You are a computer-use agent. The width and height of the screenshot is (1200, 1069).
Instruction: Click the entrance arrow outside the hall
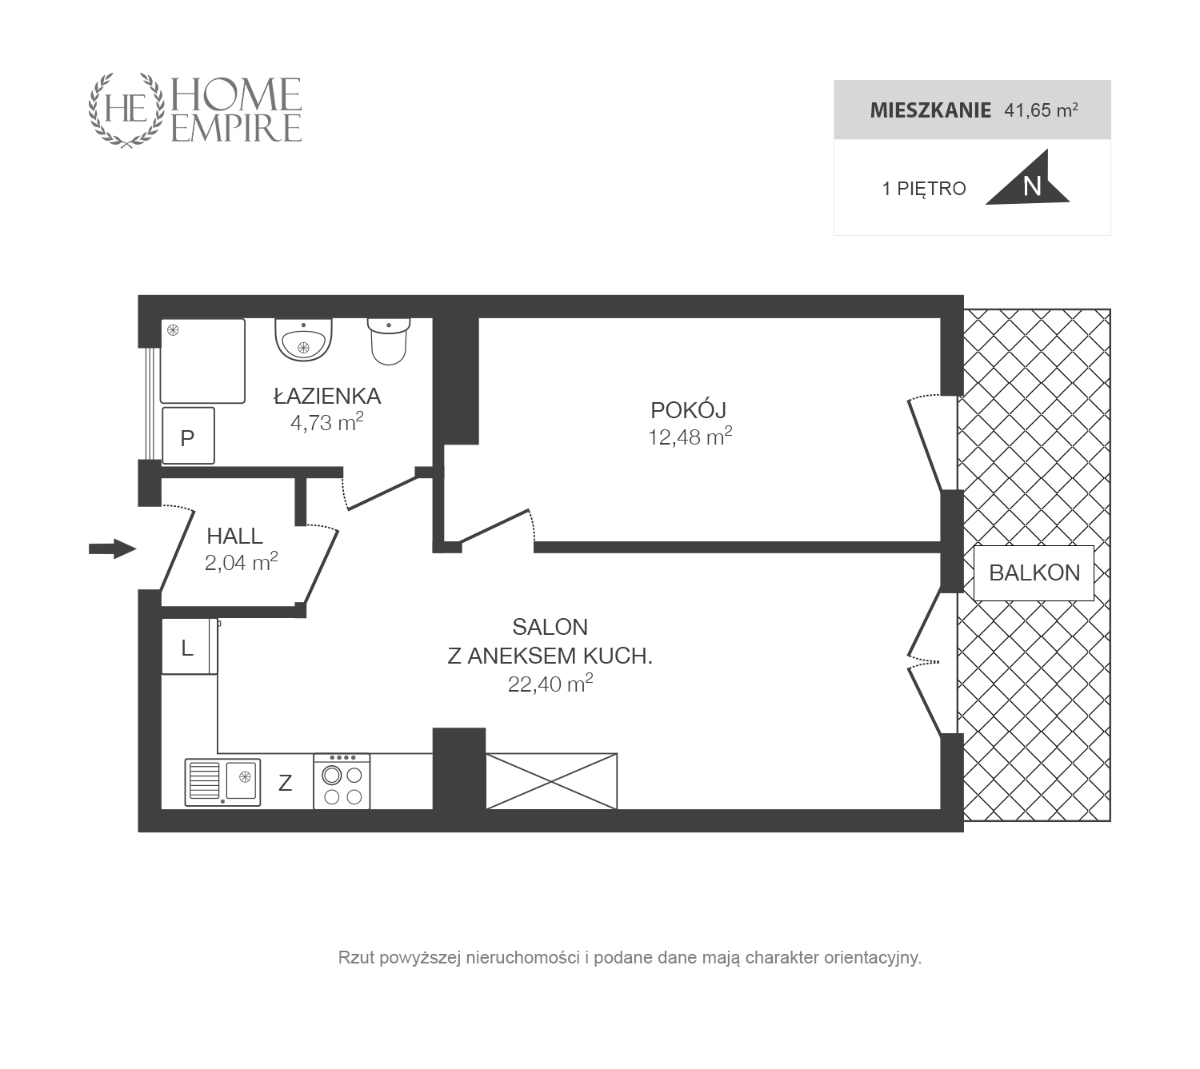113,548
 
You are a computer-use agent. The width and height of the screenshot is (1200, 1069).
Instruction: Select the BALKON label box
1034,573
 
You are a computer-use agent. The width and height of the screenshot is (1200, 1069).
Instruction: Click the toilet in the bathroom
389,341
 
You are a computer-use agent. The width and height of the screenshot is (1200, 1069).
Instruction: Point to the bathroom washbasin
303,340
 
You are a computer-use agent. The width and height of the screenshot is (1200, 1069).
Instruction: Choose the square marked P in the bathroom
188,436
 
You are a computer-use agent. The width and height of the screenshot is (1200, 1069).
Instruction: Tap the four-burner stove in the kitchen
342,780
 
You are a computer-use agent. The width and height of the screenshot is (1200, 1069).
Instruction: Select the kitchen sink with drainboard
222,782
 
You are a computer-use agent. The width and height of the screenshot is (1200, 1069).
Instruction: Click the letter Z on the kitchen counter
286,783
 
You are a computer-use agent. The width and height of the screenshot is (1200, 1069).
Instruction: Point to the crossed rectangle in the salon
551,780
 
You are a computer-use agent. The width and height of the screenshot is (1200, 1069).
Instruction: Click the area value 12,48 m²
690,437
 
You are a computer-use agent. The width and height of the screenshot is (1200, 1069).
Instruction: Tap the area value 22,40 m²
550,683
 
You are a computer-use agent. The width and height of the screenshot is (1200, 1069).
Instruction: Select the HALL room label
234,536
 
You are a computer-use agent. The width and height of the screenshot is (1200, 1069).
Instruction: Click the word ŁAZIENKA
327,395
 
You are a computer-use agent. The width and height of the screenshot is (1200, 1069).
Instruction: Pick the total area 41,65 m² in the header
1041,110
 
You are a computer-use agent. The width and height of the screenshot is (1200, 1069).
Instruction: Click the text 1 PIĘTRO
924,189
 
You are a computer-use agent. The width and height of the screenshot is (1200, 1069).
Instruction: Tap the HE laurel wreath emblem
126,110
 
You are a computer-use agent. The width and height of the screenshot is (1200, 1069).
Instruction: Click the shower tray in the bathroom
202,361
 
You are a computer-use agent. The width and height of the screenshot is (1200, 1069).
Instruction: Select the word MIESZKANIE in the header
930,110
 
